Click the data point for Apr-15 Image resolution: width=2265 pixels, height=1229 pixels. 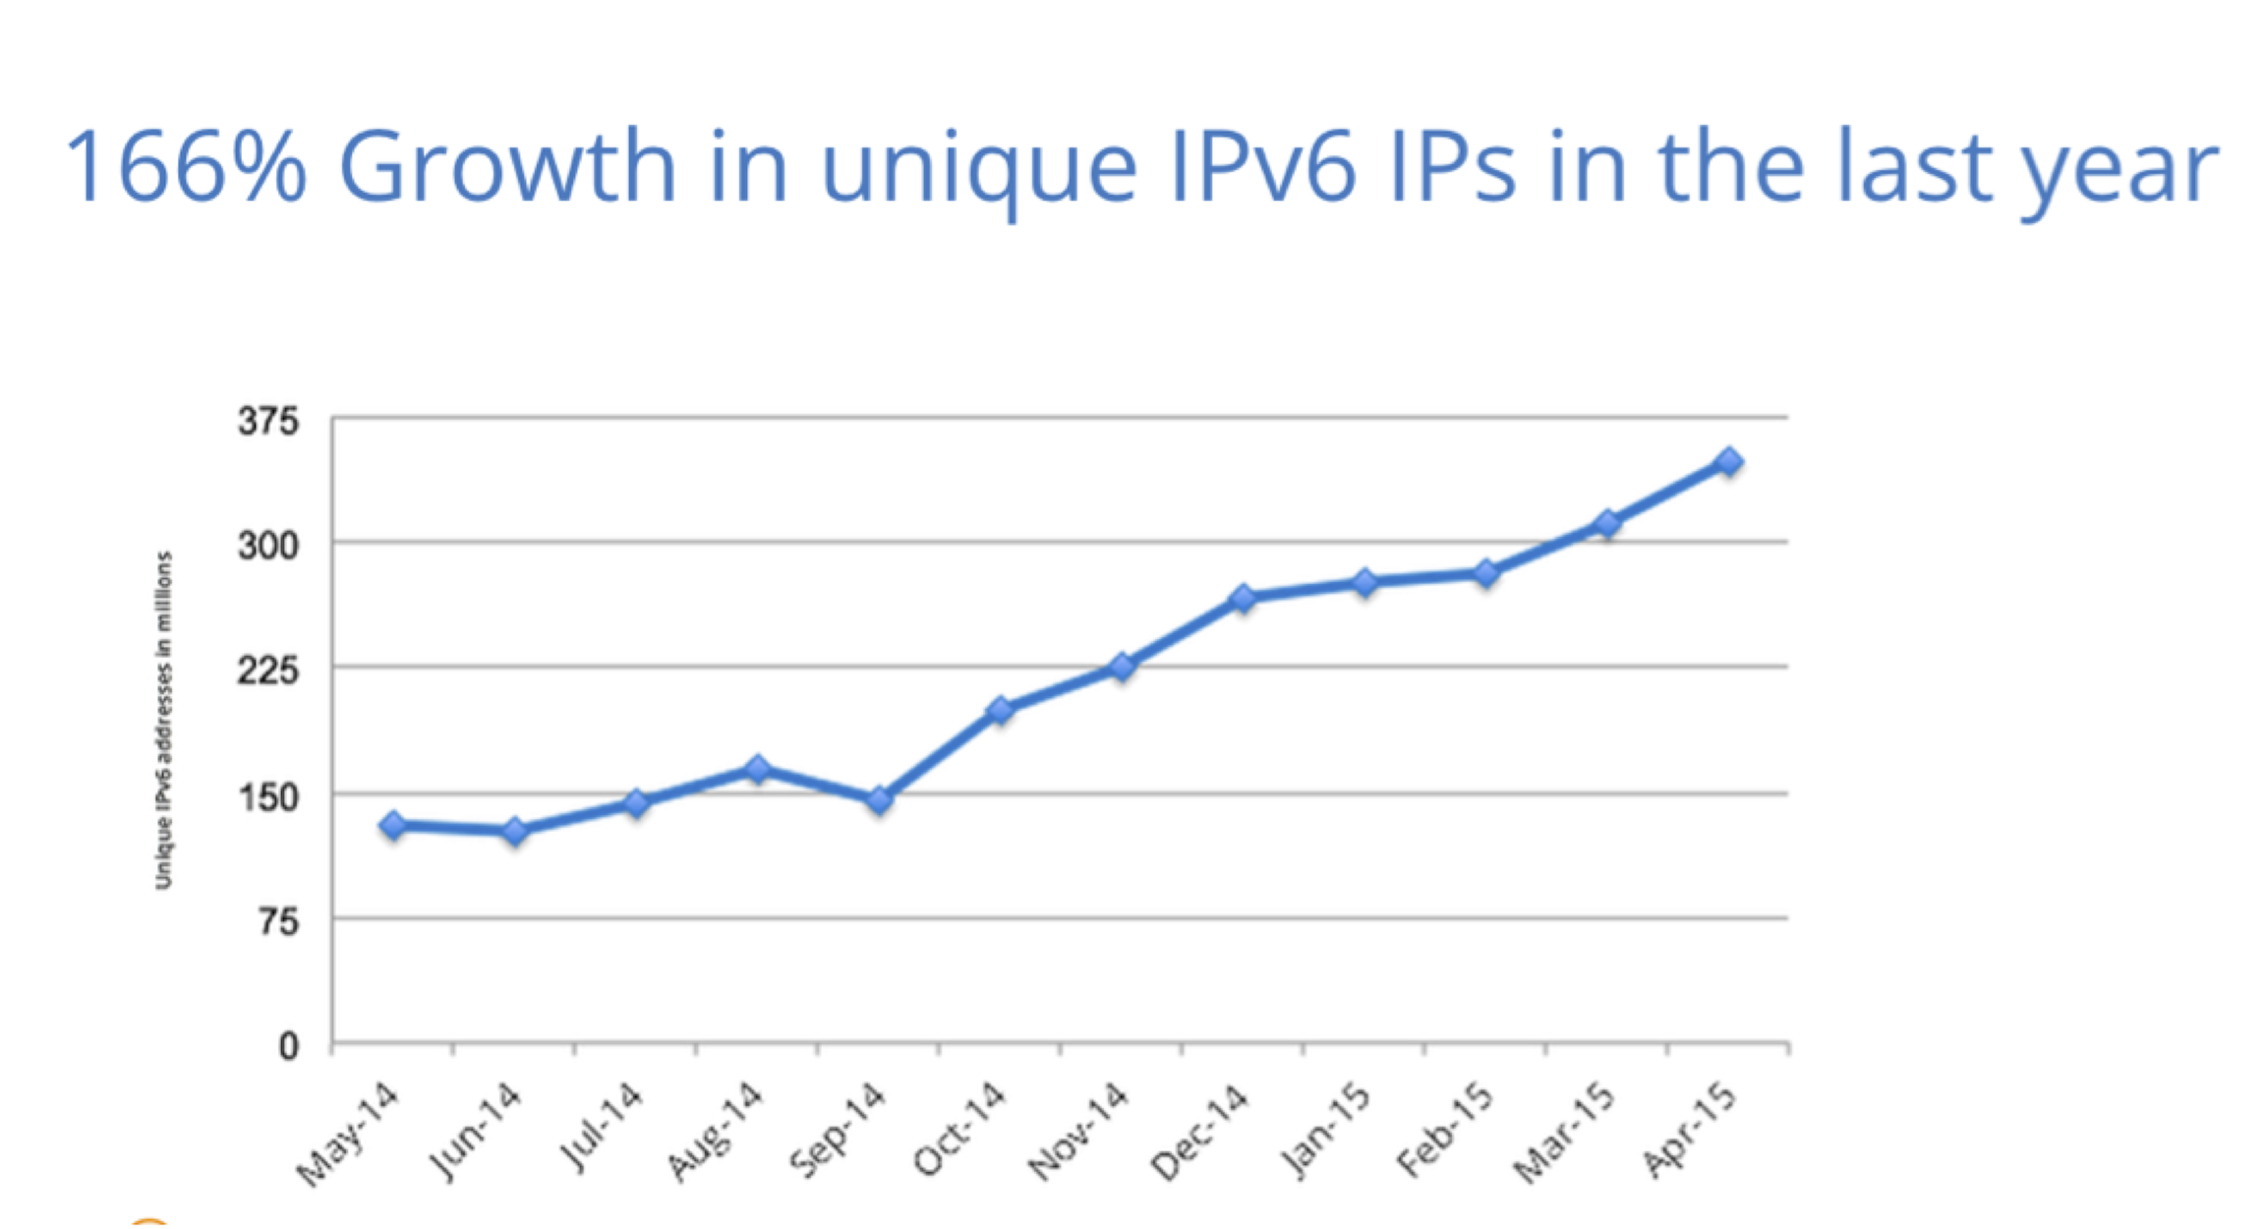(x=1728, y=461)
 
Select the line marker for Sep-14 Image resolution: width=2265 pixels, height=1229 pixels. (x=879, y=800)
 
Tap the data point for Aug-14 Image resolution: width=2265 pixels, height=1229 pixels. (x=757, y=769)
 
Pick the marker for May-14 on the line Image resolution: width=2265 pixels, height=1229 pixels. (x=393, y=825)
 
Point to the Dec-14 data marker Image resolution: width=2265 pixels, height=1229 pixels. (x=1243, y=598)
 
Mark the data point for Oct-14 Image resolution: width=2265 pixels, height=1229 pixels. (x=1000, y=710)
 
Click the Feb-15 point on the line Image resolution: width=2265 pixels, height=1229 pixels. (x=1485, y=573)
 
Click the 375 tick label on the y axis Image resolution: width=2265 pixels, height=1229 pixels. (x=267, y=422)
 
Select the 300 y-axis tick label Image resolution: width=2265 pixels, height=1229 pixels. (x=267, y=546)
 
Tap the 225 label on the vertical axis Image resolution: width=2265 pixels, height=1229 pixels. (x=267, y=671)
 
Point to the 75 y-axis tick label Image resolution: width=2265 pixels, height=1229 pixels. (x=278, y=922)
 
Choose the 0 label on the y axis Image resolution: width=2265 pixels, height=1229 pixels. (x=288, y=1046)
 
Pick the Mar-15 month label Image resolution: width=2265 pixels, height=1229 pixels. (x=1564, y=1133)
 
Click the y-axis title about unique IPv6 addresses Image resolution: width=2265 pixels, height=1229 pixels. (x=163, y=721)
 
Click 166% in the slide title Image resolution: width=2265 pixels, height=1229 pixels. (x=185, y=167)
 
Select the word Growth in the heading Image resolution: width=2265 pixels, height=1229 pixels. (x=507, y=167)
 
